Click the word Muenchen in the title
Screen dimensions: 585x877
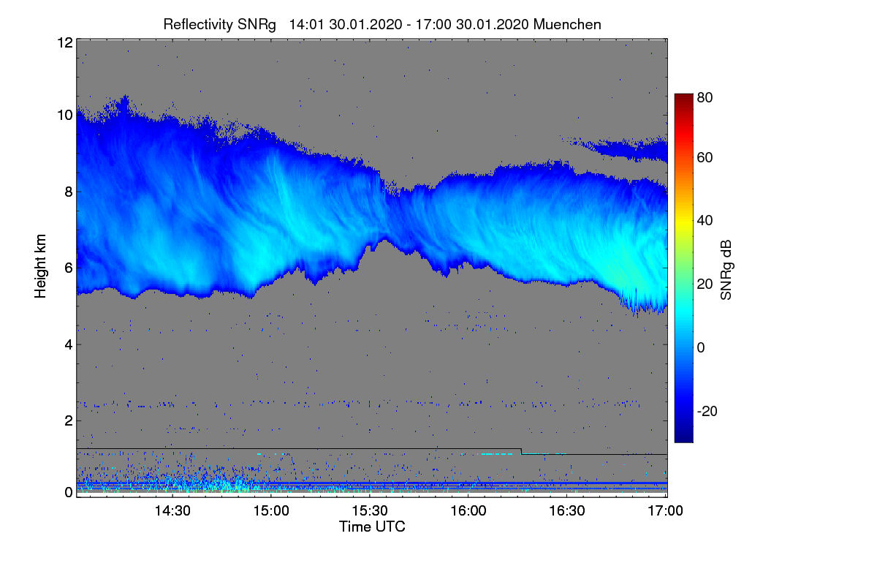567,24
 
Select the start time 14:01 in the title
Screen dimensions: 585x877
305,24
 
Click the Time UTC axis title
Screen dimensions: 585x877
372,526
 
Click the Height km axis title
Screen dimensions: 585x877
41,268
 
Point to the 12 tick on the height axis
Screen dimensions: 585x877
64,42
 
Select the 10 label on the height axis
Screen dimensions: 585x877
64,115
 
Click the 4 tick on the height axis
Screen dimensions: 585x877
68,344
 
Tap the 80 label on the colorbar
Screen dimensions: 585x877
705,97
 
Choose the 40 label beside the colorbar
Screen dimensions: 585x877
705,220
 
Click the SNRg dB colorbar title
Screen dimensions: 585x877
726,268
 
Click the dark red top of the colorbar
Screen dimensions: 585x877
683,98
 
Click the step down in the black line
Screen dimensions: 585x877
521,451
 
